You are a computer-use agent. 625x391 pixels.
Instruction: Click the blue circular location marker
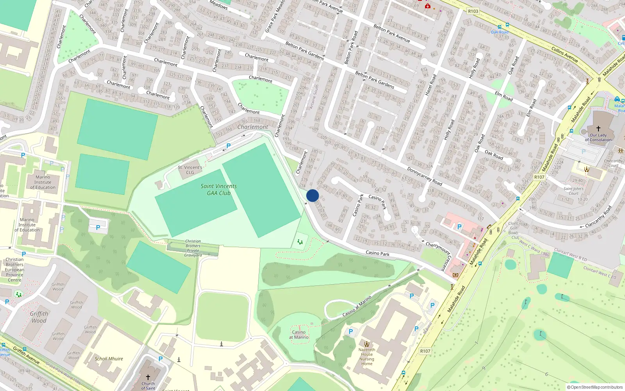pos(312,195)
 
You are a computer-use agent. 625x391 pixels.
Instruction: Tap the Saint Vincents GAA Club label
pos(219,190)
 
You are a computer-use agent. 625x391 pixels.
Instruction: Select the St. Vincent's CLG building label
pos(190,170)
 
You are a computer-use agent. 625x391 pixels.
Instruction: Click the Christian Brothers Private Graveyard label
pos(193,248)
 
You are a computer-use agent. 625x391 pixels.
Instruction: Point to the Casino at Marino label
pos(299,335)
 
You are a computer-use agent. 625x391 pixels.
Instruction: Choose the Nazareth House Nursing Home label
pos(367,357)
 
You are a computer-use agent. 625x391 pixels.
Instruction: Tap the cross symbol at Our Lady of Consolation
pos(598,128)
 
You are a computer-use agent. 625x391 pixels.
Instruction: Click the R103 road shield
pos(473,11)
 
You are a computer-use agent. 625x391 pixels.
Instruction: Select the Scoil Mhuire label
pos(109,359)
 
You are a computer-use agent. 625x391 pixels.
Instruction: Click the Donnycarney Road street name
pos(425,176)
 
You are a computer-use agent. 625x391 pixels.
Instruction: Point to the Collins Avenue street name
pos(564,54)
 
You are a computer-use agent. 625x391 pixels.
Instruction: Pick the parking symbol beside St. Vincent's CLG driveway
pos(229,146)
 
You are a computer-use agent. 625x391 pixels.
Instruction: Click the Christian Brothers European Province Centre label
pos(15,269)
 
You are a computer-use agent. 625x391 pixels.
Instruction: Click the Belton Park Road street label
pos(350,48)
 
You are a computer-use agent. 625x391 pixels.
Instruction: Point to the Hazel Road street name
pos(430,85)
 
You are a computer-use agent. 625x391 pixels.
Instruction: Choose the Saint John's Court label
pos(573,191)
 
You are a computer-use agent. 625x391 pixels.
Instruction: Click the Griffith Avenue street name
pos(26,355)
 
